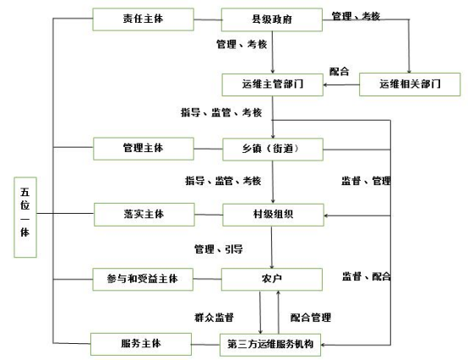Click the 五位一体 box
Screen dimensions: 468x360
(x=25, y=217)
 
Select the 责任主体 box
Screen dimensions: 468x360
(x=143, y=19)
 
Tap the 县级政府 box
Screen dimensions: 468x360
(x=272, y=19)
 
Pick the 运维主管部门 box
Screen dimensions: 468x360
(x=272, y=85)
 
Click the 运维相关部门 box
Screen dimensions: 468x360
(x=410, y=85)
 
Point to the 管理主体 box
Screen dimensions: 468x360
(x=144, y=149)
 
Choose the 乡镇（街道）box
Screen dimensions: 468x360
(x=273, y=150)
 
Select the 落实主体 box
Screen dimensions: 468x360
(x=144, y=215)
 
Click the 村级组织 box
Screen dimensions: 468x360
(x=273, y=215)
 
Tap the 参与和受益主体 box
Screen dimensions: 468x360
(x=143, y=279)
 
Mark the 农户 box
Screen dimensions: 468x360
(x=272, y=279)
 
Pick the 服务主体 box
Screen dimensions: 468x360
(x=141, y=344)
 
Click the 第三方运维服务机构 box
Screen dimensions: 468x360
(x=270, y=345)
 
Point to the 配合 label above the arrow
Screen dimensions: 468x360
(x=339, y=72)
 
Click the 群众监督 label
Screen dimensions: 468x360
(x=214, y=317)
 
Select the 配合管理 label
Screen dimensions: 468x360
(x=311, y=317)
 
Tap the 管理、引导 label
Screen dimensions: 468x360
(x=219, y=249)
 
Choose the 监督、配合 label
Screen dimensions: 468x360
(x=367, y=276)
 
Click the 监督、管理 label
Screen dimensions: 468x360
(x=367, y=181)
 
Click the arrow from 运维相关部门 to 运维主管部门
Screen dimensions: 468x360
(x=341, y=85)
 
